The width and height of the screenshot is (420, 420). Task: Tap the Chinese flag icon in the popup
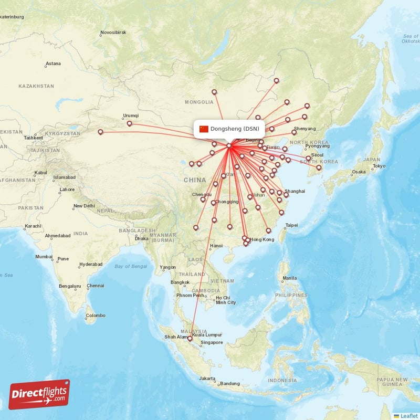(x=204, y=129)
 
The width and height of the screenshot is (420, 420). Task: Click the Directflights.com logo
(x=39, y=394)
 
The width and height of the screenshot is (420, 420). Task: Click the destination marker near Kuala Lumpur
(x=190, y=339)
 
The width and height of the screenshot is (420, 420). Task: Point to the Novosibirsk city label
(x=113, y=33)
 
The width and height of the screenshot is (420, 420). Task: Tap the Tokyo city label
(x=379, y=166)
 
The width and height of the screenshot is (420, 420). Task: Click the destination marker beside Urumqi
(x=129, y=124)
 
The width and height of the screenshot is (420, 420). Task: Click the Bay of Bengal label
(x=131, y=266)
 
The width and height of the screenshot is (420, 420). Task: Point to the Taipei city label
(x=291, y=225)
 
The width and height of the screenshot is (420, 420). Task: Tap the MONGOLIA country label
(x=199, y=102)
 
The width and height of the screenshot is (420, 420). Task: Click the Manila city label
(x=289, y=278)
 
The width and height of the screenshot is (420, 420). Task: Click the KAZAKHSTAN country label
(x=36, y=86)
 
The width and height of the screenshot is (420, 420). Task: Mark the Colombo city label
(x=96, y=316)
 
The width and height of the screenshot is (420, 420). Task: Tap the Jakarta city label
(x=207, y=379)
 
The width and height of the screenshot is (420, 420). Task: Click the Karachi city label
(x=32, y=226)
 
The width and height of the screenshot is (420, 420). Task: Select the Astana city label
(x=53, y=64)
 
